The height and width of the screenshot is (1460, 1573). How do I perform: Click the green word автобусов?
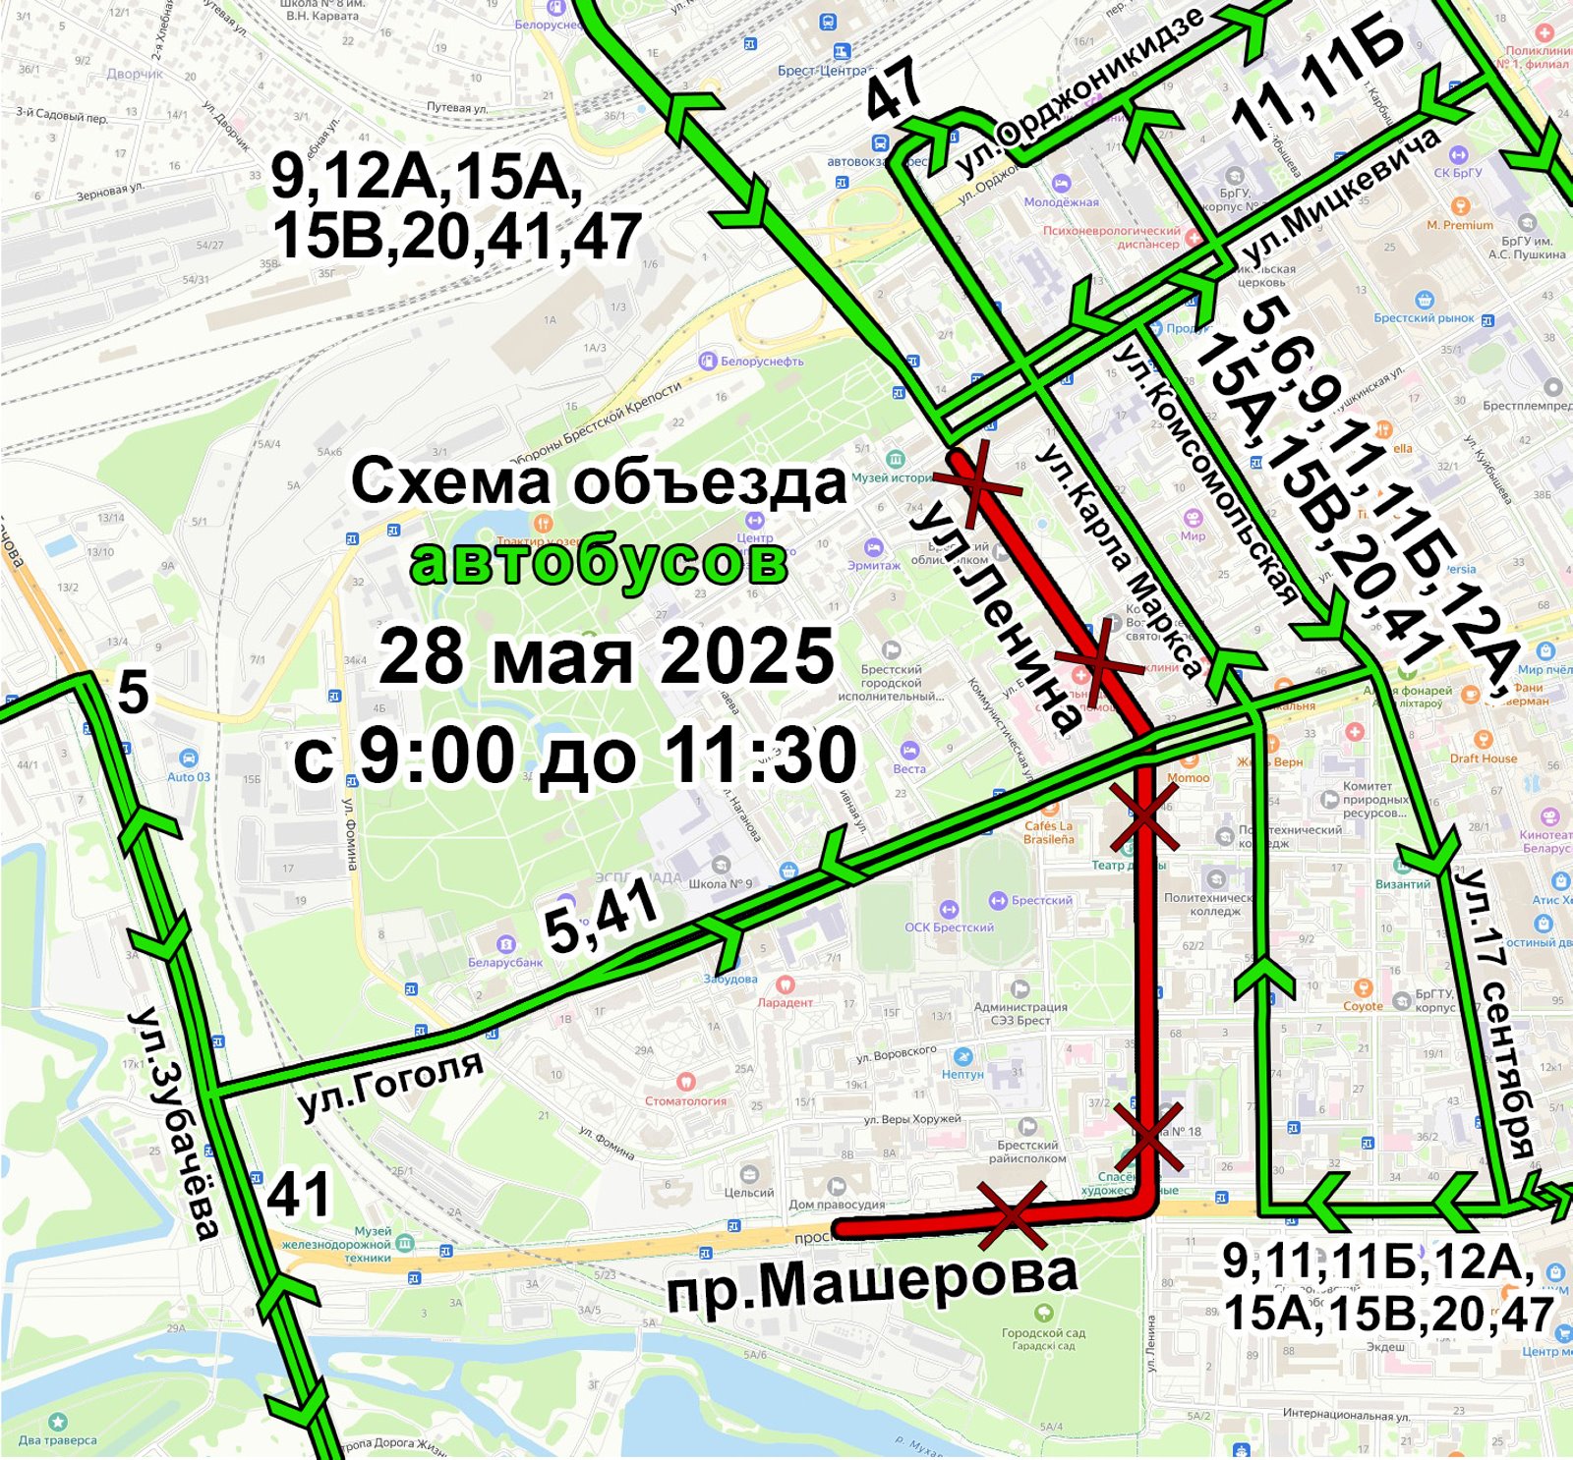pos(599,563)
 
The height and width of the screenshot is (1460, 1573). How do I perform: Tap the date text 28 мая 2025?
pos(607,656)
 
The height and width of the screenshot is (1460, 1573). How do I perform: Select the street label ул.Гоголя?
pos(391,1084)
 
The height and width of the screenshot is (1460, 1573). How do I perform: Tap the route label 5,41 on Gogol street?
pos(602,917)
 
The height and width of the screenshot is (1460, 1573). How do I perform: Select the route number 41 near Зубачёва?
pos(299,1196)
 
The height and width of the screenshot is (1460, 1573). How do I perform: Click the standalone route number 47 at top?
pos(895,88)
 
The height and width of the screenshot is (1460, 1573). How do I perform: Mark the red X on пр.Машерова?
pos(1014,1214)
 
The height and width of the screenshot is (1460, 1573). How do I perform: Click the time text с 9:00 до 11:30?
pos(576,756)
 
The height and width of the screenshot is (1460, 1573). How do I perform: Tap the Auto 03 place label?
pos(188,776)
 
